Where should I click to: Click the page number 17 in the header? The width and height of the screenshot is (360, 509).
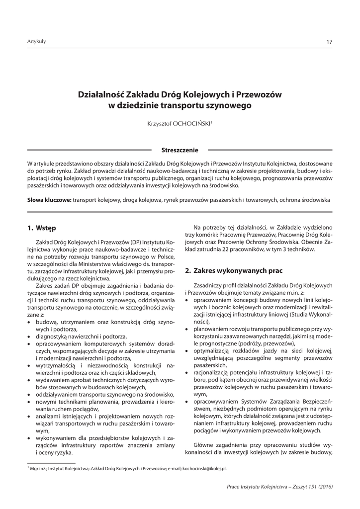[329, 42]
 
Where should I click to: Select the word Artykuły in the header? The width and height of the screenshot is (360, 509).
[36, 41]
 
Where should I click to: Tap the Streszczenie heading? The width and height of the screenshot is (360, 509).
[180, 150]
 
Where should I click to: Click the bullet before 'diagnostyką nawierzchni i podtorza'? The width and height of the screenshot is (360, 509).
[29, 337]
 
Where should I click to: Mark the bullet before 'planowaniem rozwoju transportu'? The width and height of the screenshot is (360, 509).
[186, 329]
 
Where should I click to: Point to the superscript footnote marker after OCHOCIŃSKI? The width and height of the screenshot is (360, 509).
[212, 121]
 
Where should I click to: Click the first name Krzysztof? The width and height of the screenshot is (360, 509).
[155, 123]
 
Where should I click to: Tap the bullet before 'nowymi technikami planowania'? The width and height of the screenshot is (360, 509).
[29, 401]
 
